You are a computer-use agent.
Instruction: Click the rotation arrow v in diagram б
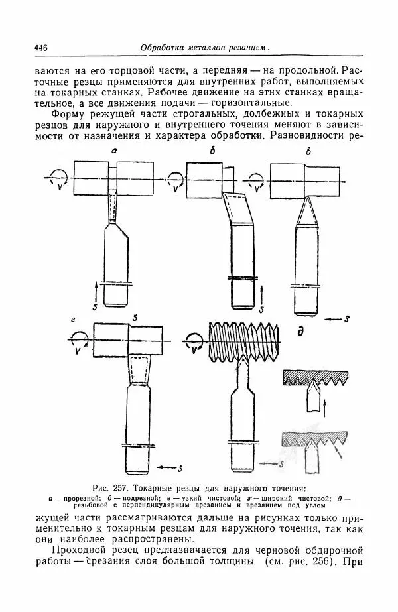[176, 181]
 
